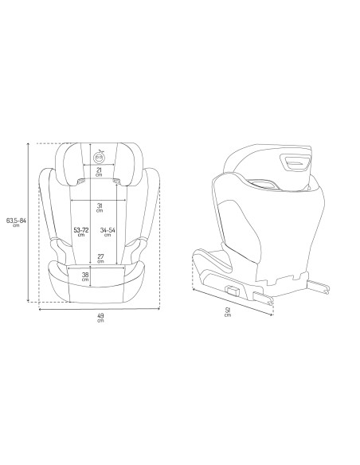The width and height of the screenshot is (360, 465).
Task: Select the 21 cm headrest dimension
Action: click(x=99, y=172)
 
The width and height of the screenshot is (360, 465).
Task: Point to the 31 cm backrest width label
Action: click(x=99, y=208)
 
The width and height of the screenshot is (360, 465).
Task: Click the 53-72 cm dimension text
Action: click(x=80, y=232)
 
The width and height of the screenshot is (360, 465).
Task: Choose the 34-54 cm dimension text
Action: click(x=111, y=232)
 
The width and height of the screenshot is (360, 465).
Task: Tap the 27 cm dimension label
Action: click(x=99, y=258)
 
